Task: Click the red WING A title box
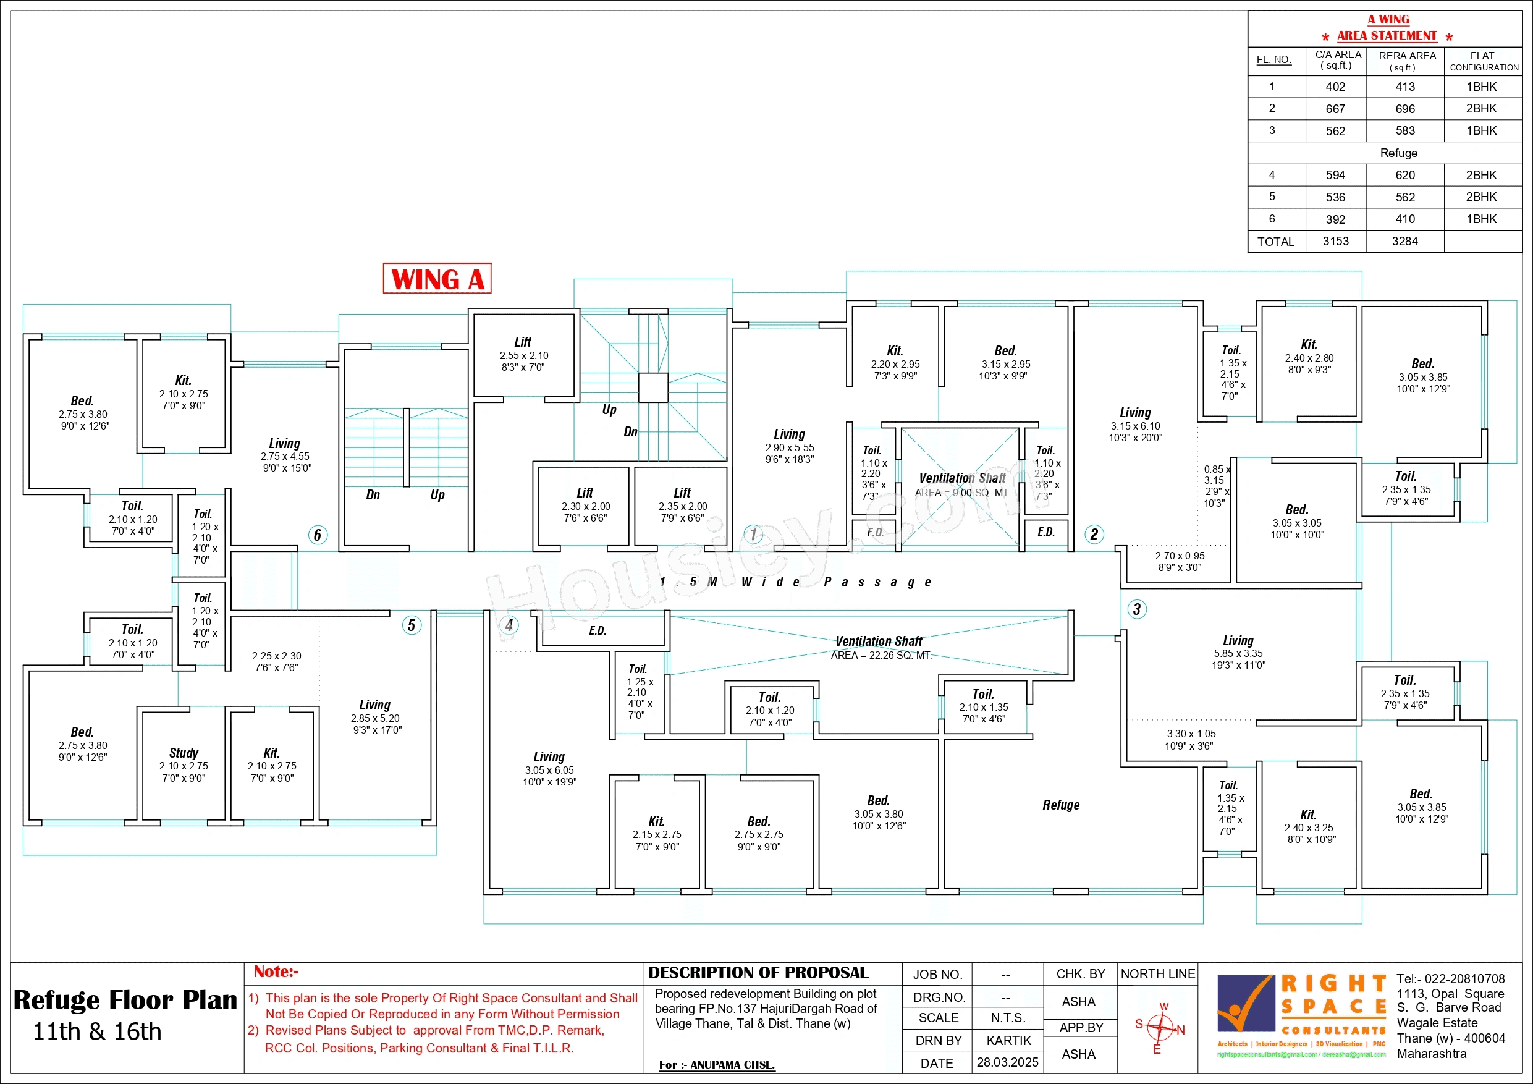click(x=437, y=279)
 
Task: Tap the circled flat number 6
click(x=318, y=535)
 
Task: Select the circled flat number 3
click(x=1136, y=609)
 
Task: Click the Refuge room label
click(x=1061, y=805)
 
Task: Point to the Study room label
click(x=184, y=753)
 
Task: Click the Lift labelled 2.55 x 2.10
click(x=523, y=354)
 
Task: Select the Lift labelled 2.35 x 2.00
click(x=682, y=504)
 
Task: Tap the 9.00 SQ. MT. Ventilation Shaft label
click(x=961, y=485)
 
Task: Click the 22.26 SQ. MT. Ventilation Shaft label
click(x=879, y=647)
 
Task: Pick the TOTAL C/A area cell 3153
click(x=1335, y=242)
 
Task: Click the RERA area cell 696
click(x=1405, y=109)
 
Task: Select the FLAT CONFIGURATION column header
click(x=1483, y=61)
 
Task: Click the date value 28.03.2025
click(x=1007, y=1062)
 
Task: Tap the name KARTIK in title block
click(x=1008, y=1041)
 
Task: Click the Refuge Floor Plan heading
click(x=125, y=1001)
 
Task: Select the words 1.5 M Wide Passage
click(x=795, y=582)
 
